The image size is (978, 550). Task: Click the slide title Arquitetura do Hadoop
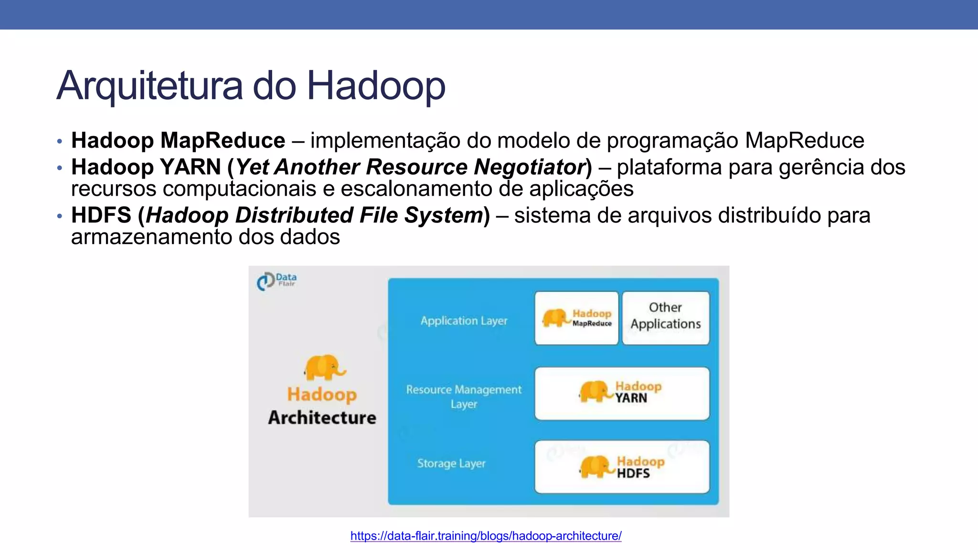click(251, 86)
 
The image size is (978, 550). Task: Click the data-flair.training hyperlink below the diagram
click(486, 536)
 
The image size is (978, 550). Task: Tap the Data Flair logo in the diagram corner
click(276, 281)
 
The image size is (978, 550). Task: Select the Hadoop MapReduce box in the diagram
click(576, 318)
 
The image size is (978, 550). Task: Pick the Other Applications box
click(666, 318)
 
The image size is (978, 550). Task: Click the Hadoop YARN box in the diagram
click(622, 393)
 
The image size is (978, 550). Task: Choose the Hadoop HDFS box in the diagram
click(622, 467)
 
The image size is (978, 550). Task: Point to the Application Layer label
click(464, 321)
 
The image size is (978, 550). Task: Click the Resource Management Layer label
click(464, 397)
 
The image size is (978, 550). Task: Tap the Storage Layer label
click(451, 464)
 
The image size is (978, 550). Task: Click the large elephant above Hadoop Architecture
click(324, 368)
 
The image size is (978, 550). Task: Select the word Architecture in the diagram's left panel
click(322, 418)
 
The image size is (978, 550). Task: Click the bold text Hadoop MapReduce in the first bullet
click(178, 140)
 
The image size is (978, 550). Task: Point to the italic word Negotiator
click(530, 167)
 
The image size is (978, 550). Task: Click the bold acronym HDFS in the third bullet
click(101, 215)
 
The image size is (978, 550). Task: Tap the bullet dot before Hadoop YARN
click(59, 168)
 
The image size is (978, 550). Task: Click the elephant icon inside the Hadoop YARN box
click(595, 391)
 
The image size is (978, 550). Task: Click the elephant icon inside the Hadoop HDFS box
click(596, 466)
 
